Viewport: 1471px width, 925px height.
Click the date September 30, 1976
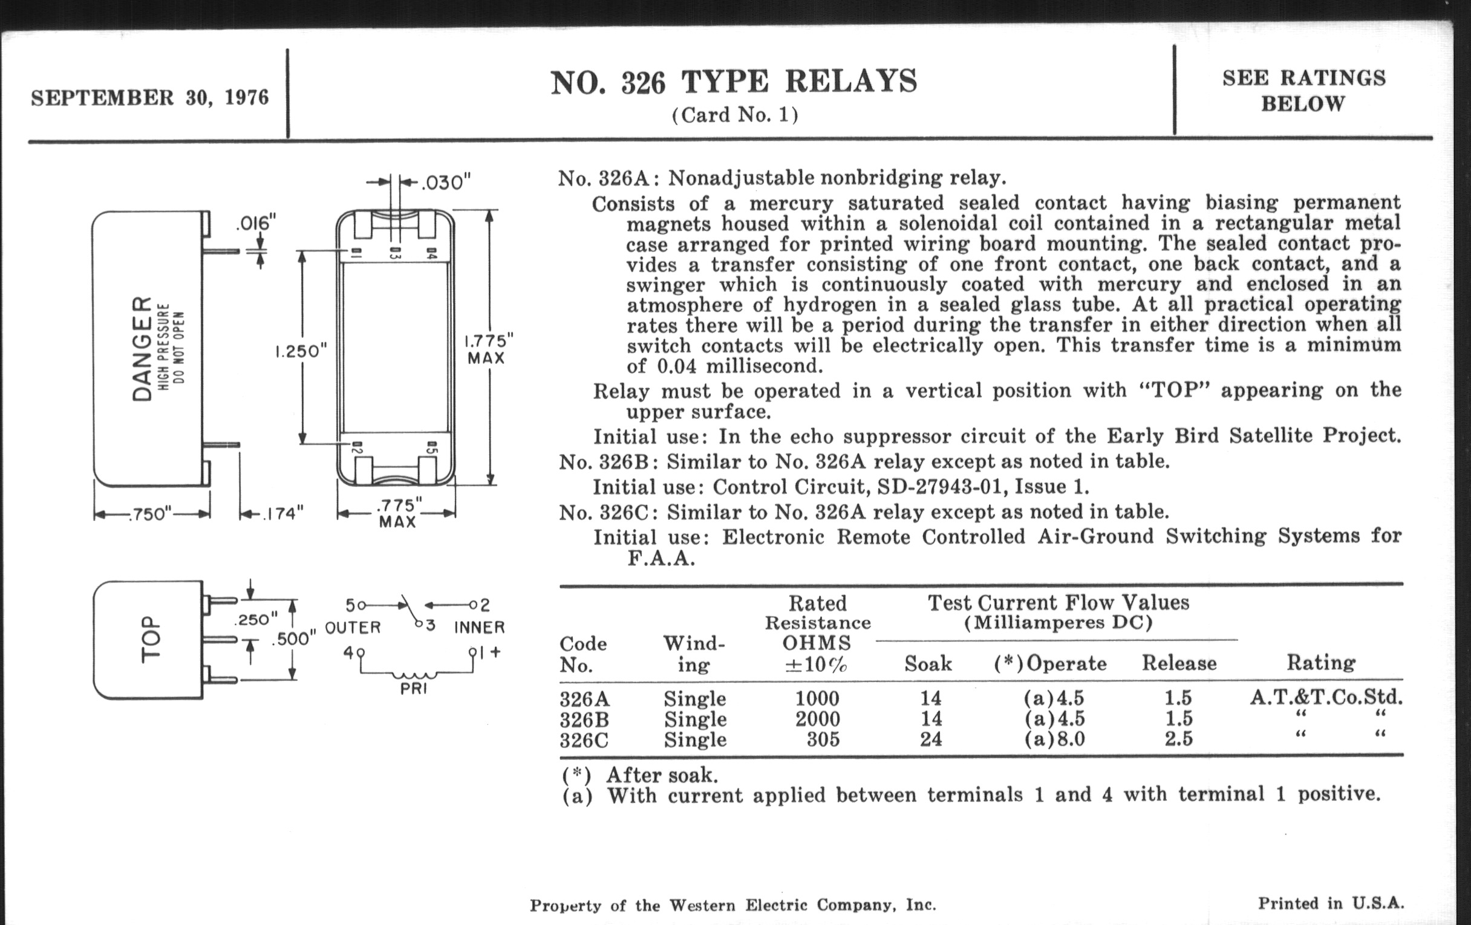(149, 98)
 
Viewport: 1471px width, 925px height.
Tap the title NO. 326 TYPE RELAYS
(734, 82)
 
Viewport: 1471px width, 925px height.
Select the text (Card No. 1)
(735, 115)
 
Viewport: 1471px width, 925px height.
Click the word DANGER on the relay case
(142, 349)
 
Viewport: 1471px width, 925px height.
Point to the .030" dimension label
(446, 182)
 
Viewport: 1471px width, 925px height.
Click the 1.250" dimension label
(301, 352)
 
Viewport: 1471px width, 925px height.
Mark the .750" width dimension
(150, 514)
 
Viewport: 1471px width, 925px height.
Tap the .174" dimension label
(282, 513)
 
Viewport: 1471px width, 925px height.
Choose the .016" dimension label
(256, 223)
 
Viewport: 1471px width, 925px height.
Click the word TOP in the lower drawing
(151, 638)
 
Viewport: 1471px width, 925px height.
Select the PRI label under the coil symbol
(414, 689)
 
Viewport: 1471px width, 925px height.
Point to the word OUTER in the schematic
(353, 627)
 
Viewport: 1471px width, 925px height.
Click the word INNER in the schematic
(479, 627)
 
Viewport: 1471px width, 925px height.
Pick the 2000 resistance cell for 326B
(817, 719)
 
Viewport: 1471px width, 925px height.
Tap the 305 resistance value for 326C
(823, 739)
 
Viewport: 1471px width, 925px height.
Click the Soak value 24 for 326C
(931, 739)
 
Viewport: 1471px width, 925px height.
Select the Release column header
(1179, 663)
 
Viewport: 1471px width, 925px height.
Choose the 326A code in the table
(585, 698)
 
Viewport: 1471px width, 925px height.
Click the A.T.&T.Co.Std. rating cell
(1326, 696)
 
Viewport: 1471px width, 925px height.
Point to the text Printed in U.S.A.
(1331, 903)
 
